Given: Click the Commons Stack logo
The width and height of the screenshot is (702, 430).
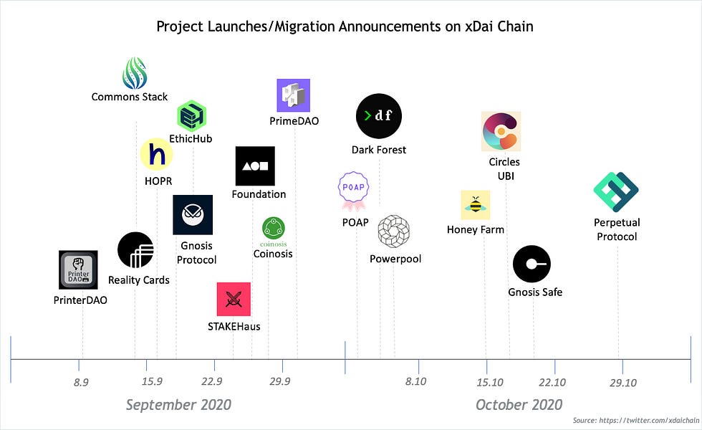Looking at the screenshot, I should coord(134,72).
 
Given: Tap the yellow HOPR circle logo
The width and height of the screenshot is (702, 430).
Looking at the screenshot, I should coord(157,154).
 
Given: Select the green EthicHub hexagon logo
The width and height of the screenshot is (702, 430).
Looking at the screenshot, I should coord(192,115).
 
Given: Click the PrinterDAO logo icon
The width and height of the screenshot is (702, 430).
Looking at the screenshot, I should coord(78,270).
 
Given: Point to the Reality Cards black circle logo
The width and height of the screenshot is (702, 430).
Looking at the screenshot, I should coord(135,250).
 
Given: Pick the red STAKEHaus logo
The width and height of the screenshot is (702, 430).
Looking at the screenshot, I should coord(234,299).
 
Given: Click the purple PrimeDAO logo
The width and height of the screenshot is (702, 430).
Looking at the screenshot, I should coord(293,95).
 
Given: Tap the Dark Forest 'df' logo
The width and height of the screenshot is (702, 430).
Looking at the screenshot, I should coord(379,115).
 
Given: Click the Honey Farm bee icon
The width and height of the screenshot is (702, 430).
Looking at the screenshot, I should coord(475,205).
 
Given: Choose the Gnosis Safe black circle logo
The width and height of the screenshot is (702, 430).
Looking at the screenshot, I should coord(532,264).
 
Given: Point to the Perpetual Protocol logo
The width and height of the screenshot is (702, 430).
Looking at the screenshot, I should coord(615,191).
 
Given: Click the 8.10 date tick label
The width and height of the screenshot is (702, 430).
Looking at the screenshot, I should coord(415,382).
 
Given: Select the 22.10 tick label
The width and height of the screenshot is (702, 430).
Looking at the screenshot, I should coord(552,382).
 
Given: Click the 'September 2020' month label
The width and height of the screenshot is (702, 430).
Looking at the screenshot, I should coord(178,405).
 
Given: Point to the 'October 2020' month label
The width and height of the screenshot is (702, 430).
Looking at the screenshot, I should coord(519,405).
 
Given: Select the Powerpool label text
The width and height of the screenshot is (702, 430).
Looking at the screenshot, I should coord(395,259).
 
